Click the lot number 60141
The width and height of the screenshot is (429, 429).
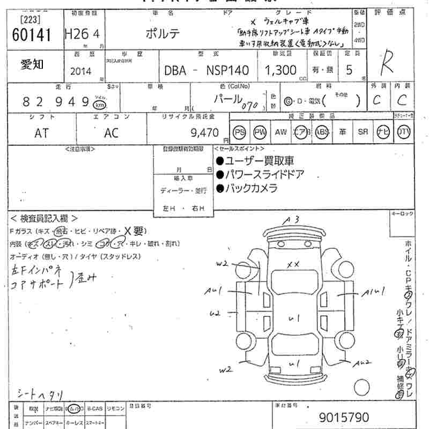click(31, 35)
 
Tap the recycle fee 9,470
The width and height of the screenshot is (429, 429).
click(206, 132)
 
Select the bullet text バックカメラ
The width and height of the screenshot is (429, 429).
click(250, 188)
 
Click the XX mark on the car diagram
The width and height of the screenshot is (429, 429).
click(292, 264)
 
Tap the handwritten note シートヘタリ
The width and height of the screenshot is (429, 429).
click(40, 395)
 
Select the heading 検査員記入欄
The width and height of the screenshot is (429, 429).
click(44, 218)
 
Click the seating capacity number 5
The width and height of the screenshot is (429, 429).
click(349, 70)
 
